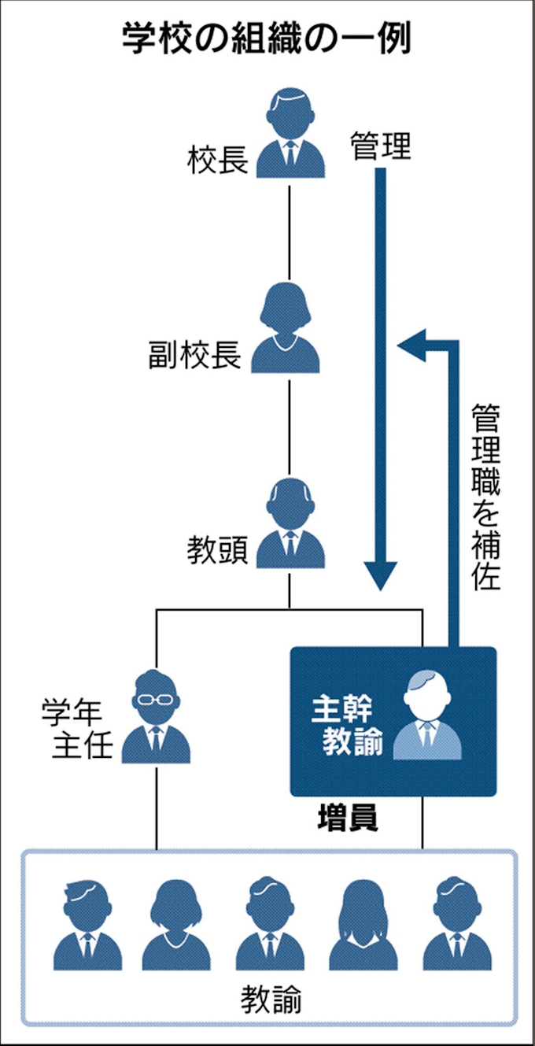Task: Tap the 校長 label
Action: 218,161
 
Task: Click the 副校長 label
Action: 194,356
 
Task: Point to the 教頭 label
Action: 218,550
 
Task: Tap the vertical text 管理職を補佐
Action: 485,497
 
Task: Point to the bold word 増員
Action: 347,819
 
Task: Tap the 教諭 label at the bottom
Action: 270,1001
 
